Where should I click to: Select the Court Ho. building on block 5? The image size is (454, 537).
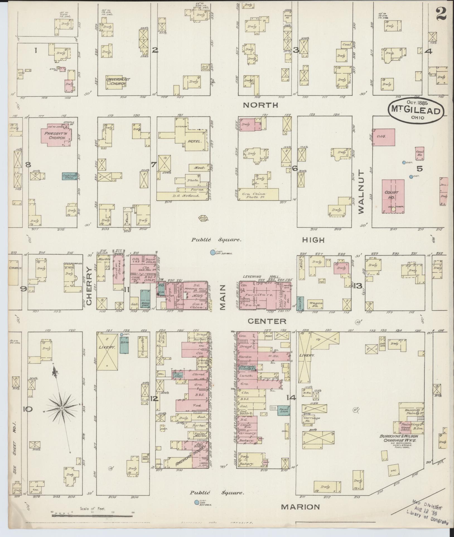click(393, 195)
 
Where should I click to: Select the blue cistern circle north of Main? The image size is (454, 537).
click(213, 252)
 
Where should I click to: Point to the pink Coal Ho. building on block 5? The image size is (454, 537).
click(420, 154)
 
